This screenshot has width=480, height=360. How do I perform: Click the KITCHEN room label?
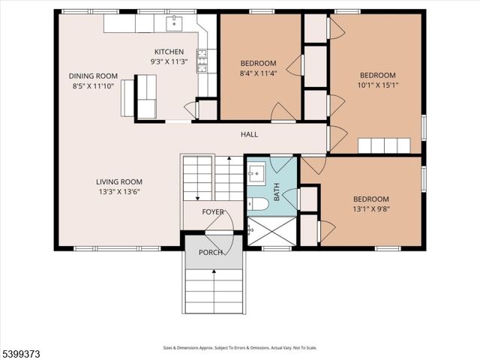click(x=169, y=51)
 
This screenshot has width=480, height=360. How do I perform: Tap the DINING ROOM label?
click(x=93, y=76)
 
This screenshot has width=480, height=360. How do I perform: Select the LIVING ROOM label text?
click(x=118, y=181)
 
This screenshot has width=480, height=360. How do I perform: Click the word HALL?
click(x=249, y=134)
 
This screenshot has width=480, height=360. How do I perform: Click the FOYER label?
click(x=212, y=212)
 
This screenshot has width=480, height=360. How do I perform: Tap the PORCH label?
click(x=210, y=252)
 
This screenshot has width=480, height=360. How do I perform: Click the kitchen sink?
click(x=175, y=23)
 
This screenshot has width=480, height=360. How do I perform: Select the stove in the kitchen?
click(x=202, y=61)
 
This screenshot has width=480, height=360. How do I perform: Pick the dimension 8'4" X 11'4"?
click(x=258, y=73)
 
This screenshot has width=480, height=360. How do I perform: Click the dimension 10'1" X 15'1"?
click(x=377, y=85)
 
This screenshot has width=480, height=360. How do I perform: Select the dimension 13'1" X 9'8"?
click(x=371, y=210)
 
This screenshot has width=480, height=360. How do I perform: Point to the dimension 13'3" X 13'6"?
click(x=118, y=191)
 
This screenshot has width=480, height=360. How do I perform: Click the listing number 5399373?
click(x=22, y=350)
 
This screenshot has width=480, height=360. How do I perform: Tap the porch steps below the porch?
click(x=214, y=292)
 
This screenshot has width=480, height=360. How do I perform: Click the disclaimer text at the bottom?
click(x=240, y=347)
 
